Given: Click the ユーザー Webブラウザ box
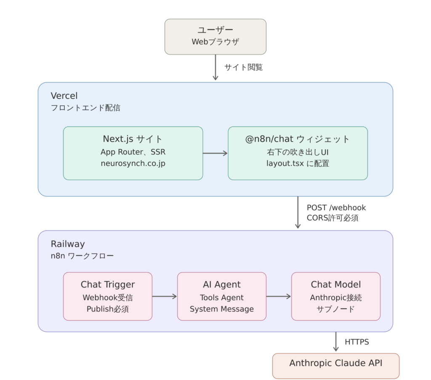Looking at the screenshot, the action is (215, 37).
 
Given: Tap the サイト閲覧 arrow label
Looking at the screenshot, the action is (244, 67).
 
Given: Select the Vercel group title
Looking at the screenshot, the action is (64, 95).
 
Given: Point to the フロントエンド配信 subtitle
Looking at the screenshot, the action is (85, 108).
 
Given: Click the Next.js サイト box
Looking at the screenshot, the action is (133, 153).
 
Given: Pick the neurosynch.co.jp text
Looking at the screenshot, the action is (133, 164).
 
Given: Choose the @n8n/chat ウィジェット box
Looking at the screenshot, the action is (298, 153).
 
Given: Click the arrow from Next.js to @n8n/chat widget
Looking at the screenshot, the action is (215, 153).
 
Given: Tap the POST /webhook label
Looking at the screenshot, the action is (336, 208).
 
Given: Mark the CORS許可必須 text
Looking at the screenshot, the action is (333, 218).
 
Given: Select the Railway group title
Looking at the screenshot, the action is (68, 244).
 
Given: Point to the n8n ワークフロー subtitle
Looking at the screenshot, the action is (82, 256).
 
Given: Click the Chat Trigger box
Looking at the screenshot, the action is (108, 296).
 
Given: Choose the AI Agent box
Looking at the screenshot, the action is (222, 296).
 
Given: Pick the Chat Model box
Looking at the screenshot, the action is (336, 296).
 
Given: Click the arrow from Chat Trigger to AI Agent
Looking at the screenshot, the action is (165, 296).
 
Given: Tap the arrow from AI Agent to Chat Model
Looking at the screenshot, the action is (279, 296).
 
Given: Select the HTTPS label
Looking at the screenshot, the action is (357, 342).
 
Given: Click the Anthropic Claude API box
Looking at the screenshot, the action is (336, 366).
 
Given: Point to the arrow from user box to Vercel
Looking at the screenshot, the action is (215, 68).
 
